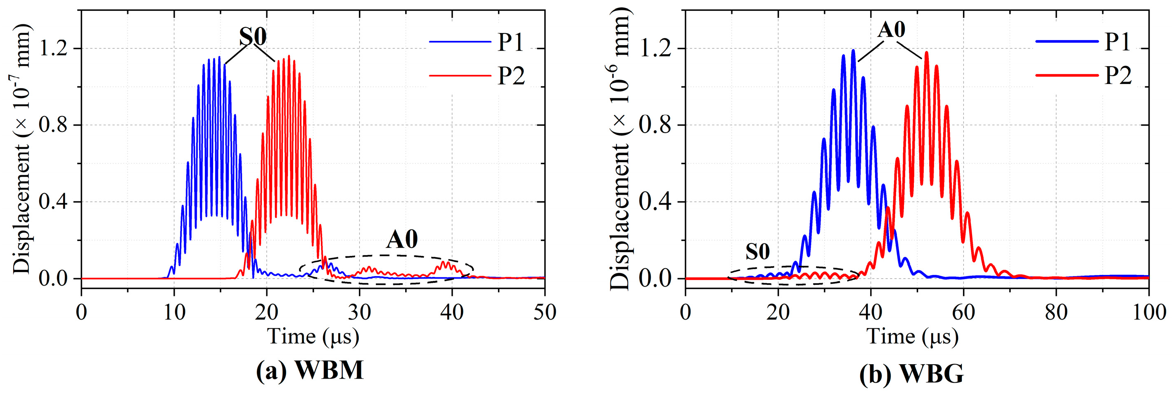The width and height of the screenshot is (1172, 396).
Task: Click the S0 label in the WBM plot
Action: click(253, 37)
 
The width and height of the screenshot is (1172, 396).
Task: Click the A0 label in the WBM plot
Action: click(402, 239)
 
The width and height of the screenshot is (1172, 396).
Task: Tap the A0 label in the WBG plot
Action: click(891, 30)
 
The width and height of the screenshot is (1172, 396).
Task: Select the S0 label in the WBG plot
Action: click(757, 251)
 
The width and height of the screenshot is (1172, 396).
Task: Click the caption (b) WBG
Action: click(911, 375)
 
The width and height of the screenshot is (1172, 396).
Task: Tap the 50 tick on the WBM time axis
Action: click(544, 312)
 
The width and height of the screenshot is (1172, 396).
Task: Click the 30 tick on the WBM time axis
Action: click(359, 312)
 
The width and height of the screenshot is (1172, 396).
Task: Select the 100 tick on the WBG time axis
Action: click(1148, 312)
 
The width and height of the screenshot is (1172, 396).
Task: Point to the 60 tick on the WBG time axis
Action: click(963, 312)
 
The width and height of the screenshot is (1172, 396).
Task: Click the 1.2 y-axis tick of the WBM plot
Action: click(54, 48)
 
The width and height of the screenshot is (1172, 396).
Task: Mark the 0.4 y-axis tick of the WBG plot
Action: click(654, 202)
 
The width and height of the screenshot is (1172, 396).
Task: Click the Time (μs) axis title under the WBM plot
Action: click(313, 337)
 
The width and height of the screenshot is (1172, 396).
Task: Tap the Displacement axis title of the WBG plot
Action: click(620, 150)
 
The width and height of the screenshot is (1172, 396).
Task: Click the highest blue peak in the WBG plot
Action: click(853, 50)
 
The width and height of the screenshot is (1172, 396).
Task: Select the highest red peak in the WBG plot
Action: click(926, 52)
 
